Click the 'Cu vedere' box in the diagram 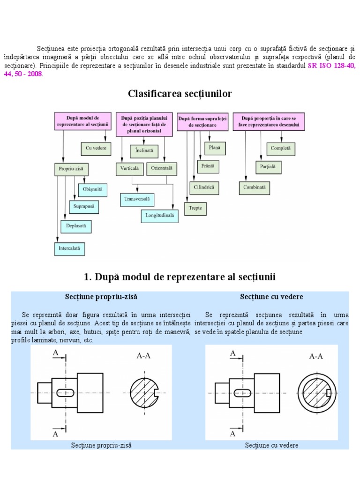[x=96, y=149]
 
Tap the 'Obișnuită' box [x=95, y=190]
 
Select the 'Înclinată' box [x=144, y=151]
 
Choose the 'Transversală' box [x=137, y=199]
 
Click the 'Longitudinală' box [x=159, y=216]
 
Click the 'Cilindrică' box [x=204, y=187]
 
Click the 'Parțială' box [x=268, y=166]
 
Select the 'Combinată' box [x=254, y=187]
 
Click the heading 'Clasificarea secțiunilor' [x=180, y=94]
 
